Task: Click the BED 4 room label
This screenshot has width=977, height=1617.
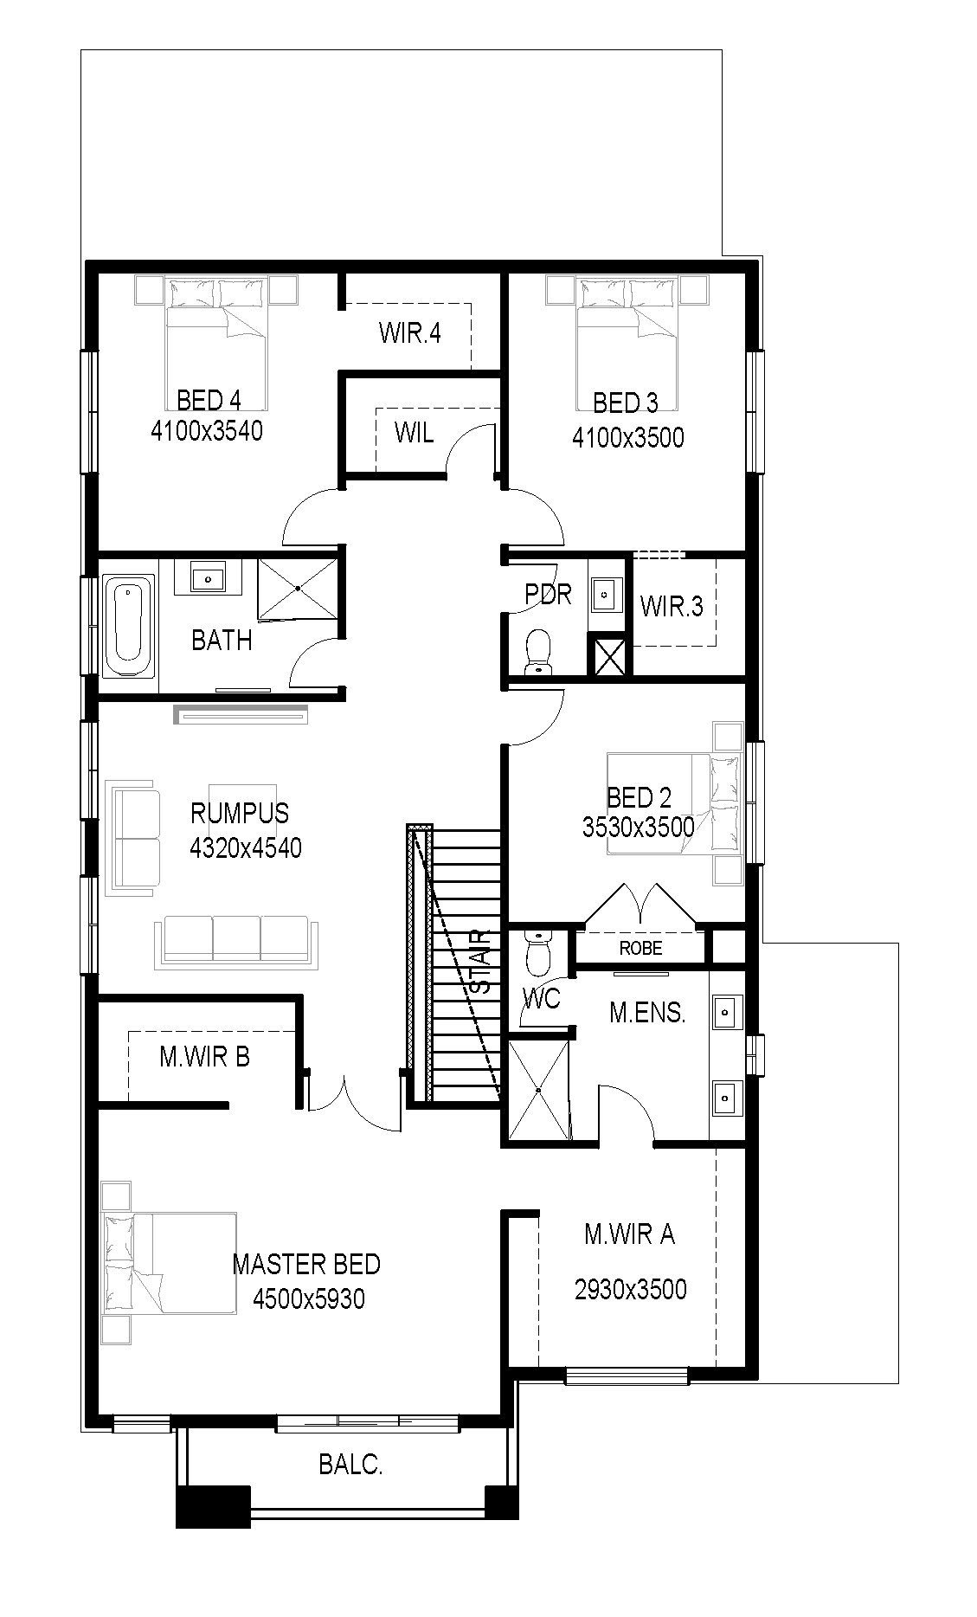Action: coord(209,400)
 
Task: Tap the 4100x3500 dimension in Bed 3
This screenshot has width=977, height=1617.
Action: coord(627,437)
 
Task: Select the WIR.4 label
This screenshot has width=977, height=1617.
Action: coord(410,333)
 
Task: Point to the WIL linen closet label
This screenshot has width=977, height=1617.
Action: coord(414,432)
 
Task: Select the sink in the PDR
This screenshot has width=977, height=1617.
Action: coord(606,594)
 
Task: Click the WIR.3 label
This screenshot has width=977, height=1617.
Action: coord(672,606)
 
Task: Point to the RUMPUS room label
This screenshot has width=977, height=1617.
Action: coord(240,813)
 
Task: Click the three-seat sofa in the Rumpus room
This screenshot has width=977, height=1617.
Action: coord(236,943)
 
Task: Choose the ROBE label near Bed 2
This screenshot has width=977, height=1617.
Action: coord(640,948)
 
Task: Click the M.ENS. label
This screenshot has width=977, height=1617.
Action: coord(647,1013)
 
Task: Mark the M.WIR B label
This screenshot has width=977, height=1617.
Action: coord(204,1057)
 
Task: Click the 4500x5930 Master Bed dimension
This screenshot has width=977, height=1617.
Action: coord(308,1298)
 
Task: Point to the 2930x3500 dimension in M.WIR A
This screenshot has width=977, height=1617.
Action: coord(630,1290)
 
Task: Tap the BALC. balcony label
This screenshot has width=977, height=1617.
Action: coord(350,1466)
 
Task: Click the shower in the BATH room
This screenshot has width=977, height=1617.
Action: coord(297,589)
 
